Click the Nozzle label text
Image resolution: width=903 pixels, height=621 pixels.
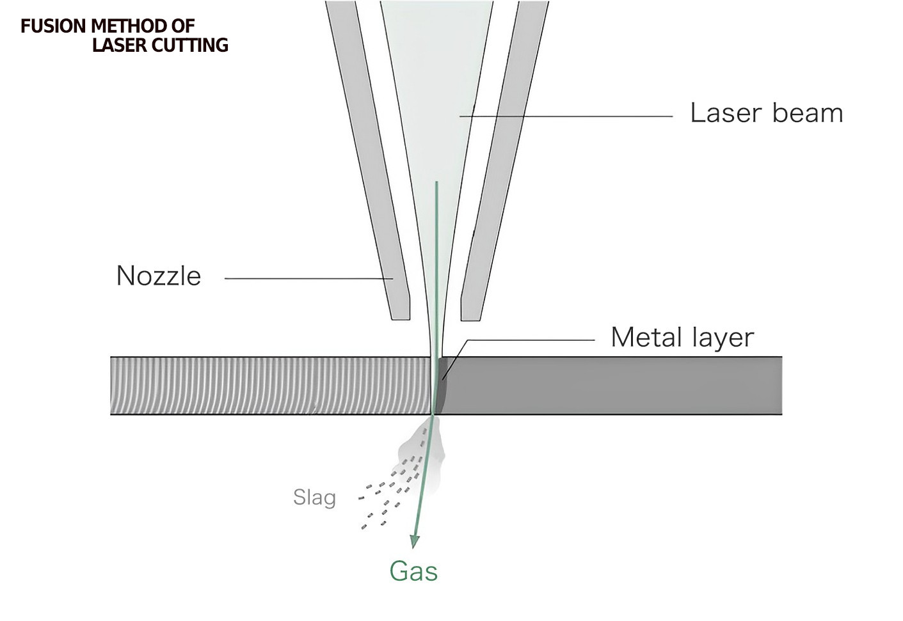[x=159, y=276]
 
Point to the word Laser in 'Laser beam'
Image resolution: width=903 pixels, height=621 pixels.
[x=726, y=113]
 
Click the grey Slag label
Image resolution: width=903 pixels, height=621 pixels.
[x=314, y=497]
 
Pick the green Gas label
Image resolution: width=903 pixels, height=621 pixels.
[x=413, y=571]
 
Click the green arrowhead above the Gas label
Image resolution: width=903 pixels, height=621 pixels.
[x=415, y=541]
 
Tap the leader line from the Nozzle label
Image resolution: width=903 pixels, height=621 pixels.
[x=307, y=278]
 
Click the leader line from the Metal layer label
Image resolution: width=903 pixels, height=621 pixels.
[x=531, y=340]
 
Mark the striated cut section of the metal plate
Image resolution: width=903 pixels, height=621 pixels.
[x=269, y=386]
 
